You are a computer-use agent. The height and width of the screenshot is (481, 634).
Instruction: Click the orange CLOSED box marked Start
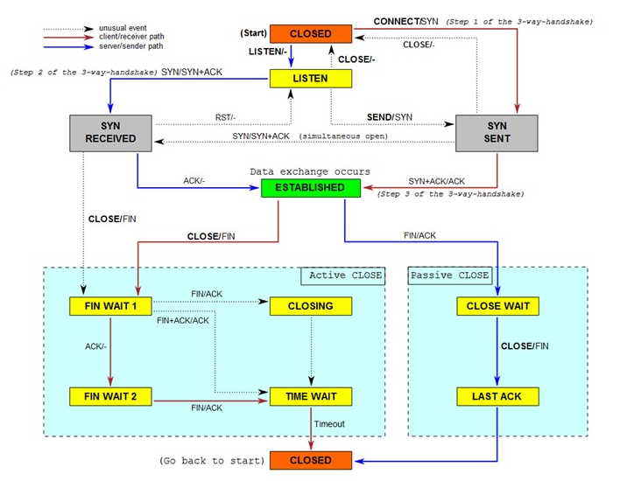click(x=311, y=33)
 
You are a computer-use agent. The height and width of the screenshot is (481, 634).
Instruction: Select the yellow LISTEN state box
click(x=311, y=79)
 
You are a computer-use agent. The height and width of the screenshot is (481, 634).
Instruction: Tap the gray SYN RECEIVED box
click(x=110, y=133)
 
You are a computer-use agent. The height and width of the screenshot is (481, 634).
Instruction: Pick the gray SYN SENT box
click(x=497, y=133)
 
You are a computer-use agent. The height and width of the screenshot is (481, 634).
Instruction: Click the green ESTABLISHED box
click(x=311, y=188)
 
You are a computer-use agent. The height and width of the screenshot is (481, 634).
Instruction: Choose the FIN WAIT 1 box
click(x=110, y=306)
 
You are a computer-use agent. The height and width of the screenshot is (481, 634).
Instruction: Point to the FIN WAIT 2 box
click(x=110, y=396)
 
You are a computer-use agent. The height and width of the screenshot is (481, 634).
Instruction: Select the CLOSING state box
click(x=311, y=306)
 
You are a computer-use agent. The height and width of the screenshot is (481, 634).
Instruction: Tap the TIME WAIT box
click(x=311, y=396)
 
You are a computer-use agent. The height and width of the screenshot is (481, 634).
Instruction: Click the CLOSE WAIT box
click(x=497, y=306)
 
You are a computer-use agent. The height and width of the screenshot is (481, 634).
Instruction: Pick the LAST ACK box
click(x=497, y=396)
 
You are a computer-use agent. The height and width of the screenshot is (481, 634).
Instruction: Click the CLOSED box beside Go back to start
click(x=311, y=460)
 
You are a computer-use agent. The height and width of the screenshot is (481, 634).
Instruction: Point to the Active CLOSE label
click(x=345, y=275)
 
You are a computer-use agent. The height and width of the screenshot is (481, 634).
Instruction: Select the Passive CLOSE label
click(x=449, y=275)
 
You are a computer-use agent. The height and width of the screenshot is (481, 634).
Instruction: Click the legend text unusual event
click(x=123, y=28)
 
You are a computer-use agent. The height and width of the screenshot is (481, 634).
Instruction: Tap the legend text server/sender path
click(x=131, y=46)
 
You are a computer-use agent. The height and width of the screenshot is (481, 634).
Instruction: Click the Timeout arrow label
click(x=329, y=424)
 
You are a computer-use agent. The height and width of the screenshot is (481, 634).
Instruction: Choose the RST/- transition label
click(x=225, y=117)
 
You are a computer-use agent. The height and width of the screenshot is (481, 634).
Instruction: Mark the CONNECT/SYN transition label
click(x=405, y=21)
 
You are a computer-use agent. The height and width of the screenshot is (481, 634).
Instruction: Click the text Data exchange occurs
click(x=310, y=171)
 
